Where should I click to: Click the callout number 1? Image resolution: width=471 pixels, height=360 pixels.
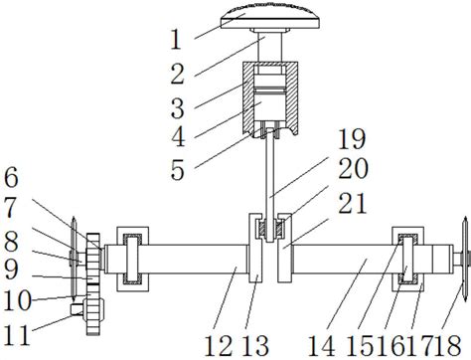click(x=176, y=40)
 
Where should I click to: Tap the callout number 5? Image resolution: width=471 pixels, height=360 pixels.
click(x=178, y=170)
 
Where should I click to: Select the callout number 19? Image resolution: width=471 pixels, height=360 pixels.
click(x=352, y=139)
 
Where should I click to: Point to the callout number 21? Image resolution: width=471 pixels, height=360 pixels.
click(x=352, y=203)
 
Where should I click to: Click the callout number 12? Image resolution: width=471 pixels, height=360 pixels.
click(x=219, y=345)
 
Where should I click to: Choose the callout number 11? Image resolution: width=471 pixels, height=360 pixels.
click(x=17, y=335)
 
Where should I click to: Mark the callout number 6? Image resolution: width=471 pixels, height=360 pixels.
click(x=11, y=178)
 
